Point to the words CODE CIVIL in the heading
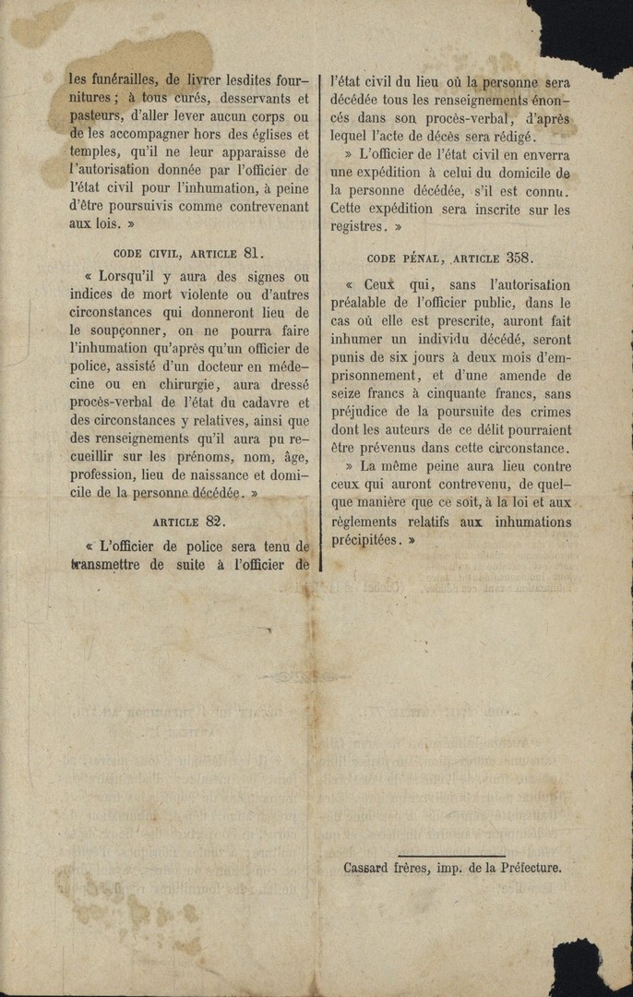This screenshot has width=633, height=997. [148, 253]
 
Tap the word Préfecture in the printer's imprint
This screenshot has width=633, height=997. [527, 868]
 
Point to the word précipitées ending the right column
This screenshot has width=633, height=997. [366, 540]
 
